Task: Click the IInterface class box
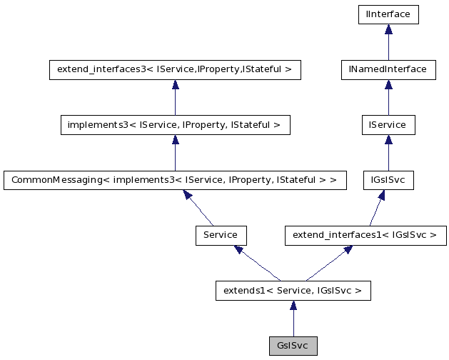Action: click(x=388, y=14)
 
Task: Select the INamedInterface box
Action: click(x=388, y=69)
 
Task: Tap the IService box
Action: click(x=388, y=125)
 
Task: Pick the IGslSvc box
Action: click(x=388, y=180)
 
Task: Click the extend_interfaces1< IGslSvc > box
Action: click(x=365, y=235)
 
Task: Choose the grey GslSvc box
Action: click(x=293, y=346)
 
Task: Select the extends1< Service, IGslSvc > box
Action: click(x=293, y=290)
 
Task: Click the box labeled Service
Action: click(x=221, y=235)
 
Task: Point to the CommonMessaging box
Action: click(x=175, y=180)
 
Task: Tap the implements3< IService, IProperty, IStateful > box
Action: click(x=175, y=125)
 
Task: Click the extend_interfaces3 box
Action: click(x=175, y=69)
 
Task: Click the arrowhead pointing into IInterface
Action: click(x=388, y=29)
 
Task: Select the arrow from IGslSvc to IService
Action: click(x=388, y=152)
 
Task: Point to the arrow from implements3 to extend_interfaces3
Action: click(x=175, y=97)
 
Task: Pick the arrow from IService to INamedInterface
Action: click(x=388, y=97)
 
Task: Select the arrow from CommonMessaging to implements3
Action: click(x=175, y=152)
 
